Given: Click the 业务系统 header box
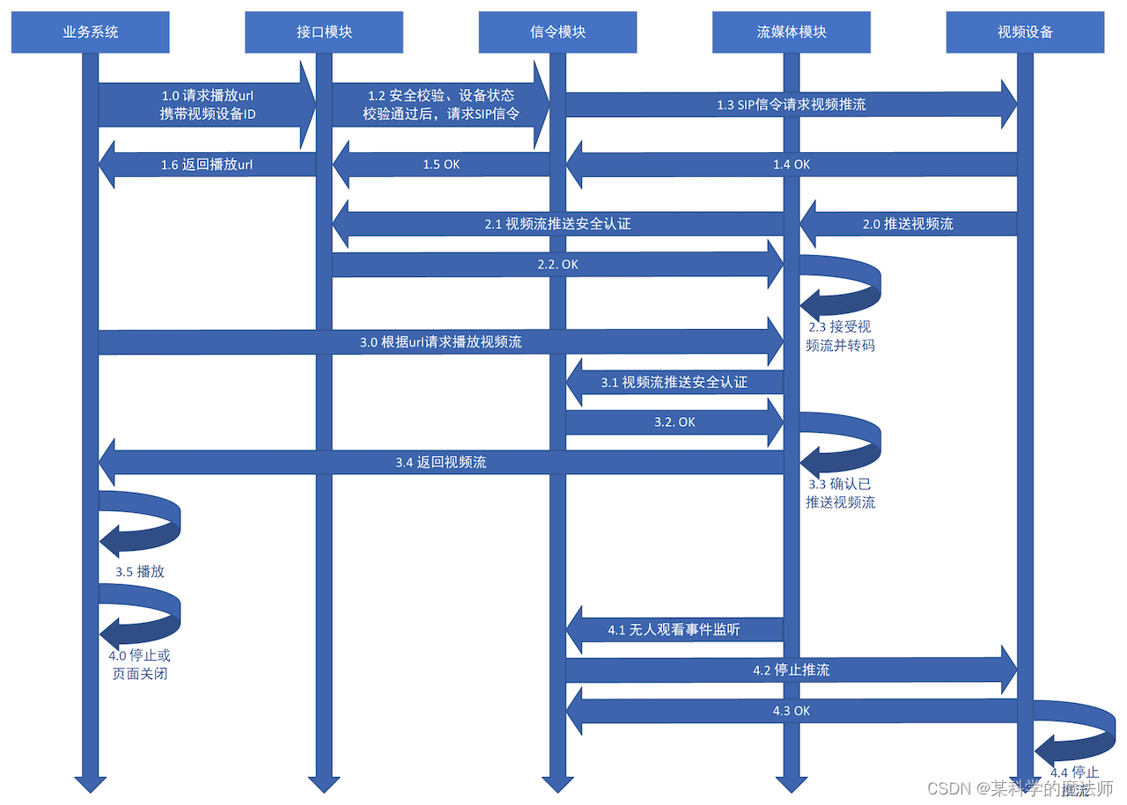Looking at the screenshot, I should [90, 33].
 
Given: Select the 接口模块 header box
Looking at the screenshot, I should [324, 33].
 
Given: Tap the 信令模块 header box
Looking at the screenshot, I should [558, 33].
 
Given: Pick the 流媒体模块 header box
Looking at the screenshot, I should [792, 33].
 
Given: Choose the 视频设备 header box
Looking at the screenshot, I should [1025, 33].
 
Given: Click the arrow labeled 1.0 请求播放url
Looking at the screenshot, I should [207, 105].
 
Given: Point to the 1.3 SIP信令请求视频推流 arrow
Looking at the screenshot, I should [791, 105].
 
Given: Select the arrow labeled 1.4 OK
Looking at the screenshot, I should [791, 165].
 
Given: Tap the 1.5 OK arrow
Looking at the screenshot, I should [441, 165].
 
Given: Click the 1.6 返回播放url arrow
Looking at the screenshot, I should [207, 165].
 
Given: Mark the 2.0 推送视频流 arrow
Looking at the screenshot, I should [908, 224].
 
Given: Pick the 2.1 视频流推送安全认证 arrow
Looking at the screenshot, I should [557, 224].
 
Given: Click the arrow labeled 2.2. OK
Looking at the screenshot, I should [557, 264].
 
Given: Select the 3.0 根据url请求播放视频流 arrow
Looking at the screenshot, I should [440, 342].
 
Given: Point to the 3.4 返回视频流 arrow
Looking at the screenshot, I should [440, 462].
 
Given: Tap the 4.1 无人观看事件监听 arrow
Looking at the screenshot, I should [674, 630].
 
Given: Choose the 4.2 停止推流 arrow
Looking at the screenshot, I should [791, 670].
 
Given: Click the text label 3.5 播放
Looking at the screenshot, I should [140, 572].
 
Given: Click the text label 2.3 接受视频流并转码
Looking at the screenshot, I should [840, 336].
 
